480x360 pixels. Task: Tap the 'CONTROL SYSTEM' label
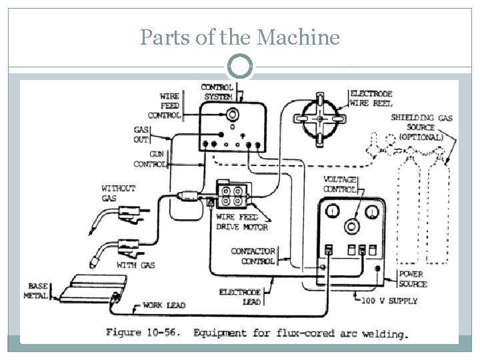pos(217,91)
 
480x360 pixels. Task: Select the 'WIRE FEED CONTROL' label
pos(166,105)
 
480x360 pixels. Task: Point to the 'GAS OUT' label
pos(141,135)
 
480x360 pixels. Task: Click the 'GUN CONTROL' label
pos(150,159)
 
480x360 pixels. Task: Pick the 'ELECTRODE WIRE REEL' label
pos(371,99)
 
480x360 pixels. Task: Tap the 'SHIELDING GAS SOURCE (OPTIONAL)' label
pos(421,127)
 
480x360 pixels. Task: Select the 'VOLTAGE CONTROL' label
pos(340,184)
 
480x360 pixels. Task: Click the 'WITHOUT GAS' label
pos(118,193)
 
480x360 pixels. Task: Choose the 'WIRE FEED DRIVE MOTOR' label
pos(241,223)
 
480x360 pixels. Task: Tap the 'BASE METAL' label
pos(37,291)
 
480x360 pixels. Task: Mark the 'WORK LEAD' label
pos(164,306)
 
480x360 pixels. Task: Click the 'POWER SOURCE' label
pos(413,279)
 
